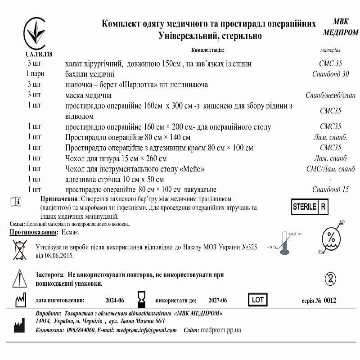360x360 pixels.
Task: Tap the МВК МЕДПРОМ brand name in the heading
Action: [341, 27]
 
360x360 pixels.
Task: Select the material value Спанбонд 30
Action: [330, 74]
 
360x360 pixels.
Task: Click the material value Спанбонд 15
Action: [330, 189]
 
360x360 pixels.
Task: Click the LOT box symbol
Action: [258, 299]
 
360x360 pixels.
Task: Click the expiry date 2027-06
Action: [218, 301]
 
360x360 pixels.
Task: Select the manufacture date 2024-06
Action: [115, 301]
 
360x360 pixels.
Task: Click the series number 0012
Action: [329, 301]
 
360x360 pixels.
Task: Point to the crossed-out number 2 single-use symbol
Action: [330, 277]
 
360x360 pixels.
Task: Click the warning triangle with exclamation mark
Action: [19, 279]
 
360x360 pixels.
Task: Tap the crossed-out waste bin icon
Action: [19, 250]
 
